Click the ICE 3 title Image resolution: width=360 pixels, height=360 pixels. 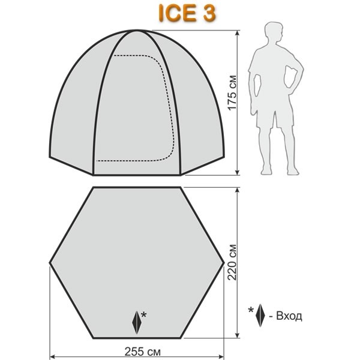click(187, 13)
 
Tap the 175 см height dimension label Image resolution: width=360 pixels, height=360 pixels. click(232, 92)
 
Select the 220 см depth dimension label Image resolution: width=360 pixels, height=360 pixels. click(232, 262)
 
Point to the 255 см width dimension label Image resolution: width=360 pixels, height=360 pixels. click(142, 351)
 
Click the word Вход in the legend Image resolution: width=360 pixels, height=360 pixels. click(289, 316)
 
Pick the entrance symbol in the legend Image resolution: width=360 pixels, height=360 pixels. click(260, 315)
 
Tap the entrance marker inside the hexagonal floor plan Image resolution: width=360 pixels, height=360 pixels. click(137, 322)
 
